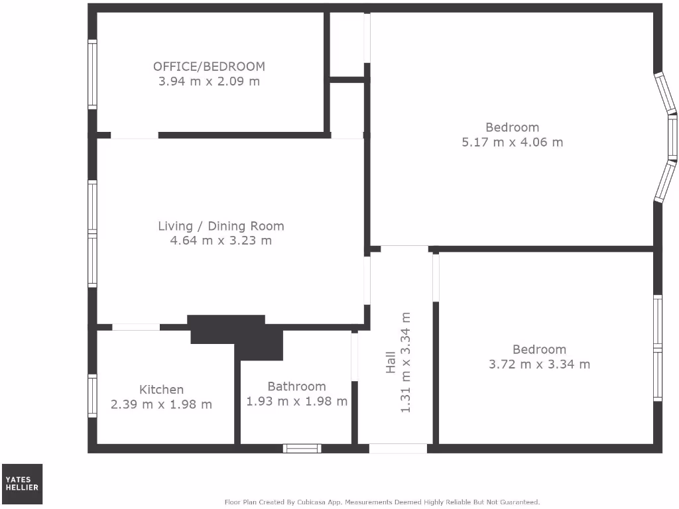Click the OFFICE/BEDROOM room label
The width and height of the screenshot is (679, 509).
[209, 66]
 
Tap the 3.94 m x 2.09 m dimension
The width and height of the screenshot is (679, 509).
[209, 82]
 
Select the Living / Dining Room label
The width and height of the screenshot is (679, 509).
[221, 226]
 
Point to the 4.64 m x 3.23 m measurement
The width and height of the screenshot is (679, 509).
[221, 241]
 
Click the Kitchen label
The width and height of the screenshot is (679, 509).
[161, 390]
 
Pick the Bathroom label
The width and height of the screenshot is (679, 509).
[296, 386]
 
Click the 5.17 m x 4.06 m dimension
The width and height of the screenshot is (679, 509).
[512, 142]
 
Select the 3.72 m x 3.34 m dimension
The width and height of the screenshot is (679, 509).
[539, 364]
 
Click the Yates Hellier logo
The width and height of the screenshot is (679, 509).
[23, 484]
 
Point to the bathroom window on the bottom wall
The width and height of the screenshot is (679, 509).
[302, 449]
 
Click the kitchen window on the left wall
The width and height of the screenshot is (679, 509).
[93, 396]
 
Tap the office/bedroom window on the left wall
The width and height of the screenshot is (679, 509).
[93, 74]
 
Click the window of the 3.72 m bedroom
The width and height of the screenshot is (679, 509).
[657, 348]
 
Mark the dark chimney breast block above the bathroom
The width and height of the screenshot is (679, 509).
[239, 335]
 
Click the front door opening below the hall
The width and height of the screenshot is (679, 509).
[398, 449]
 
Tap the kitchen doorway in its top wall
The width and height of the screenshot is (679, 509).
[136, 327]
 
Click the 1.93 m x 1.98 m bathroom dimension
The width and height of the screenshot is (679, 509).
[296, 402]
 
